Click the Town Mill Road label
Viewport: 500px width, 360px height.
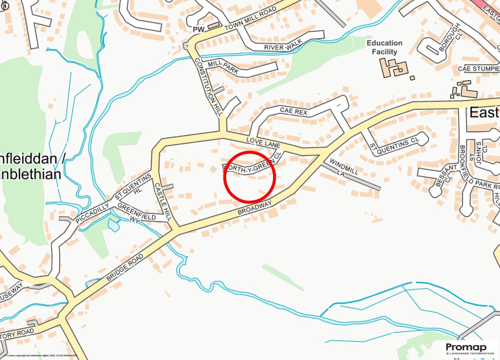[x=251, y=20]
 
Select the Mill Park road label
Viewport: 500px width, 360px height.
[x=223, y=67]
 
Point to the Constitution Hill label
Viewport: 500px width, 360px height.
[x=208, y=87]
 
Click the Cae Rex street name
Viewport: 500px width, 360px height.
[x=293, y=111]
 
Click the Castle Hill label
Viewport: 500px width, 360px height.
[x=163, y=202]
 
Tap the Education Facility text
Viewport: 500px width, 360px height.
[x=384, y=47]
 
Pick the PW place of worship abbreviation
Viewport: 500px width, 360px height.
[x=198, y=30]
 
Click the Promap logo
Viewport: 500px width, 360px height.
[x=470, y=349]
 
